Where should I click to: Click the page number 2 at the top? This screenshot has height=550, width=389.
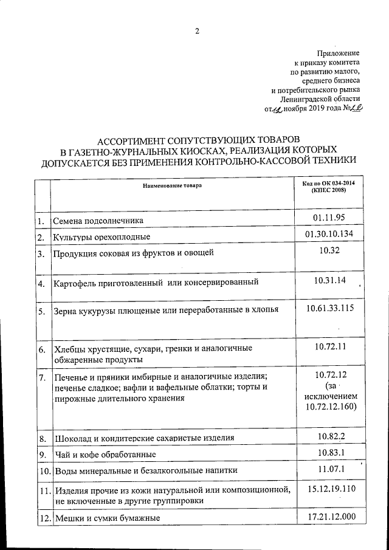pyautogui.click(x=197, y=31)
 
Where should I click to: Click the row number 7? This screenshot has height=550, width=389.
pyautogui.click(x=41, y=377)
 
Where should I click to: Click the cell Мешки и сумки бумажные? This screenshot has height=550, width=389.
pyautogui.click(x=107, y=518)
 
